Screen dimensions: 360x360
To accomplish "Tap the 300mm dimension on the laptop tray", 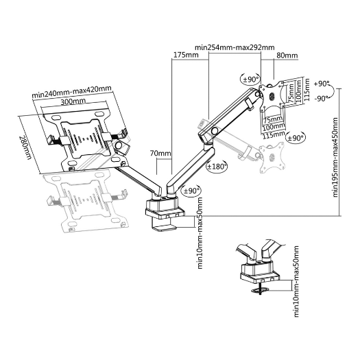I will [x=73, y=102].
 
